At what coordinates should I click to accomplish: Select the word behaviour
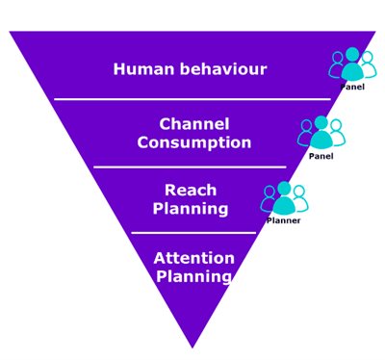tap(220, 69)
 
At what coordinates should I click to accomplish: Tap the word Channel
tap(193, 124)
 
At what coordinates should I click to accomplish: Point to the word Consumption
tap(193, 142)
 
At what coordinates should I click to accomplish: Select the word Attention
tap(193, 258)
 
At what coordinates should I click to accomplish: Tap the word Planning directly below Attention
tap(193, 276)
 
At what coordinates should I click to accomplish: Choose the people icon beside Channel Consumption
tap(321, 132)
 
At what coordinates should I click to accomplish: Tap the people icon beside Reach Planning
tap(284, 197)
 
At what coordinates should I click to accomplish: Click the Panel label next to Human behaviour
tap(352, 87)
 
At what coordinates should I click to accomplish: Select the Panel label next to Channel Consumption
tap(321, 155)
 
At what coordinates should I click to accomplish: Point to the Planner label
tap(284, 220)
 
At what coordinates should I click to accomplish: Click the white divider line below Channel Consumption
tap(192, 167)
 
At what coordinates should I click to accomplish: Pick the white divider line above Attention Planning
tap(192, 232)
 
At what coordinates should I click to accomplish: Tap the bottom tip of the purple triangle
tap(192, 345)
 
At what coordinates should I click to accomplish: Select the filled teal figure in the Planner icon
tap(284, 199)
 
